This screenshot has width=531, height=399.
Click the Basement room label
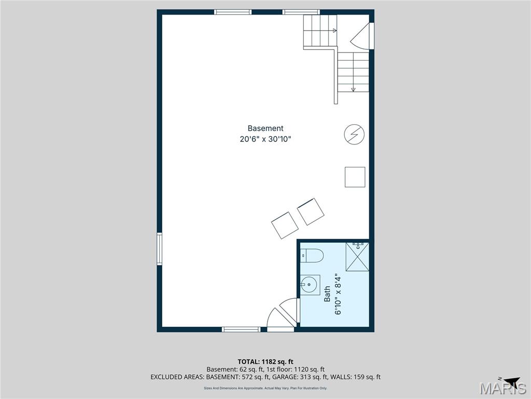[x=265, y=128]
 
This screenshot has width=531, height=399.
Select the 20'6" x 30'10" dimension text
[x=265, y=139]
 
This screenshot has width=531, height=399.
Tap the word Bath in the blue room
[x=327, y=295]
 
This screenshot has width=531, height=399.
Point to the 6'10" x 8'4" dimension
[x=338, y=295]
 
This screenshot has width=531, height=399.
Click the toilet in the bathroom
[x=313, y=256]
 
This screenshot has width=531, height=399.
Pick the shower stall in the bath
[x=357, y=256]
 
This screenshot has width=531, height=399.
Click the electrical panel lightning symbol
[x=354, y=135]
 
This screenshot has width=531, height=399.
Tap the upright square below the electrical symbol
[x=355, y=177]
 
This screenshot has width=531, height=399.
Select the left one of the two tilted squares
[x=285, y=225]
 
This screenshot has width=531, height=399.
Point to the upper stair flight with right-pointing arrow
[x=320, y=31]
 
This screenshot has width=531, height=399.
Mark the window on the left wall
[x=160, y=249]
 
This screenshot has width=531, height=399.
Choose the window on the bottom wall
[x=241, y=329]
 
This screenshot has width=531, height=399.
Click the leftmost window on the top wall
[x=233, y=12]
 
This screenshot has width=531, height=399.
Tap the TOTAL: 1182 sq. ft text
[x=265, y=362]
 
